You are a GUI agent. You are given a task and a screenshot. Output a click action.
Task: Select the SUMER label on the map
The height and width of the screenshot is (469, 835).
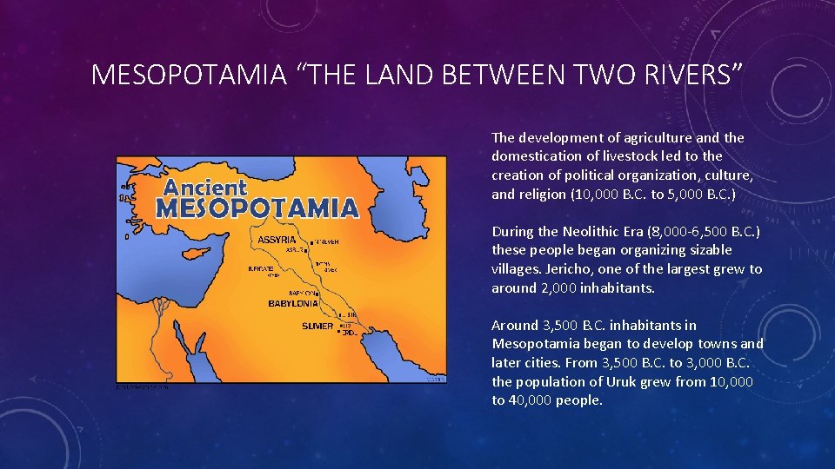coord(317,327)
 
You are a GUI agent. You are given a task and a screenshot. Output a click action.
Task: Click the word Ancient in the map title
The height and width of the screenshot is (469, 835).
coord(205,188)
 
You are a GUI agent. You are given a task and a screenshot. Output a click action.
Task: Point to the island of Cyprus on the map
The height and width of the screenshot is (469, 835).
coord(230,262)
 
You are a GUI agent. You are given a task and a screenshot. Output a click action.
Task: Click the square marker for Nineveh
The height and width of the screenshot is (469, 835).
coord(311,241)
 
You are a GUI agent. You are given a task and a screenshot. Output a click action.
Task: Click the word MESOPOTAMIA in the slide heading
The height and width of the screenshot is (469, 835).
coord(189,76)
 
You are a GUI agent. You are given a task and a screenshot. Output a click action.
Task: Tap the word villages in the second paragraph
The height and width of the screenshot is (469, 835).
coord(517,269)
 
